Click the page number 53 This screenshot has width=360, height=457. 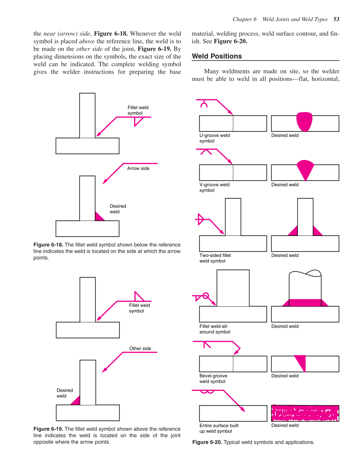tap(336, 19)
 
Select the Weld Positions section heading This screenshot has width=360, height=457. tap(217, 56)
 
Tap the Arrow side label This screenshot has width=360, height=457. tap(138, 168)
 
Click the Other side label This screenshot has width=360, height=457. tap(140, 348)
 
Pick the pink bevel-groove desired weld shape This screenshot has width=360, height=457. tap(301, 361)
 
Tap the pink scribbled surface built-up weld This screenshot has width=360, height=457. tap(305, 413)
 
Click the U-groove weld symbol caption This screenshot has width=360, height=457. tap(215, 138)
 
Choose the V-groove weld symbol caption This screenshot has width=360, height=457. tap(214, 187)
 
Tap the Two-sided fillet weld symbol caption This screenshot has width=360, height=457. tap(215, 258)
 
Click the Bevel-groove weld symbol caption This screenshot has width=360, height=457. tap(213, 379)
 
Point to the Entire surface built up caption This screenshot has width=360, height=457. tap(219, 428)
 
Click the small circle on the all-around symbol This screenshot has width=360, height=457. tap(206, 296)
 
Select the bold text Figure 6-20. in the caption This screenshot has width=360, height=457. tap(207, 442)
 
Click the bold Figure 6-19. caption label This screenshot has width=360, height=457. tap(48, 429)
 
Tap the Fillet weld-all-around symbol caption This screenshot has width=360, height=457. tap(215, 329)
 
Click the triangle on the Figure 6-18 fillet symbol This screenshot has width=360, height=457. tap(138, 121)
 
